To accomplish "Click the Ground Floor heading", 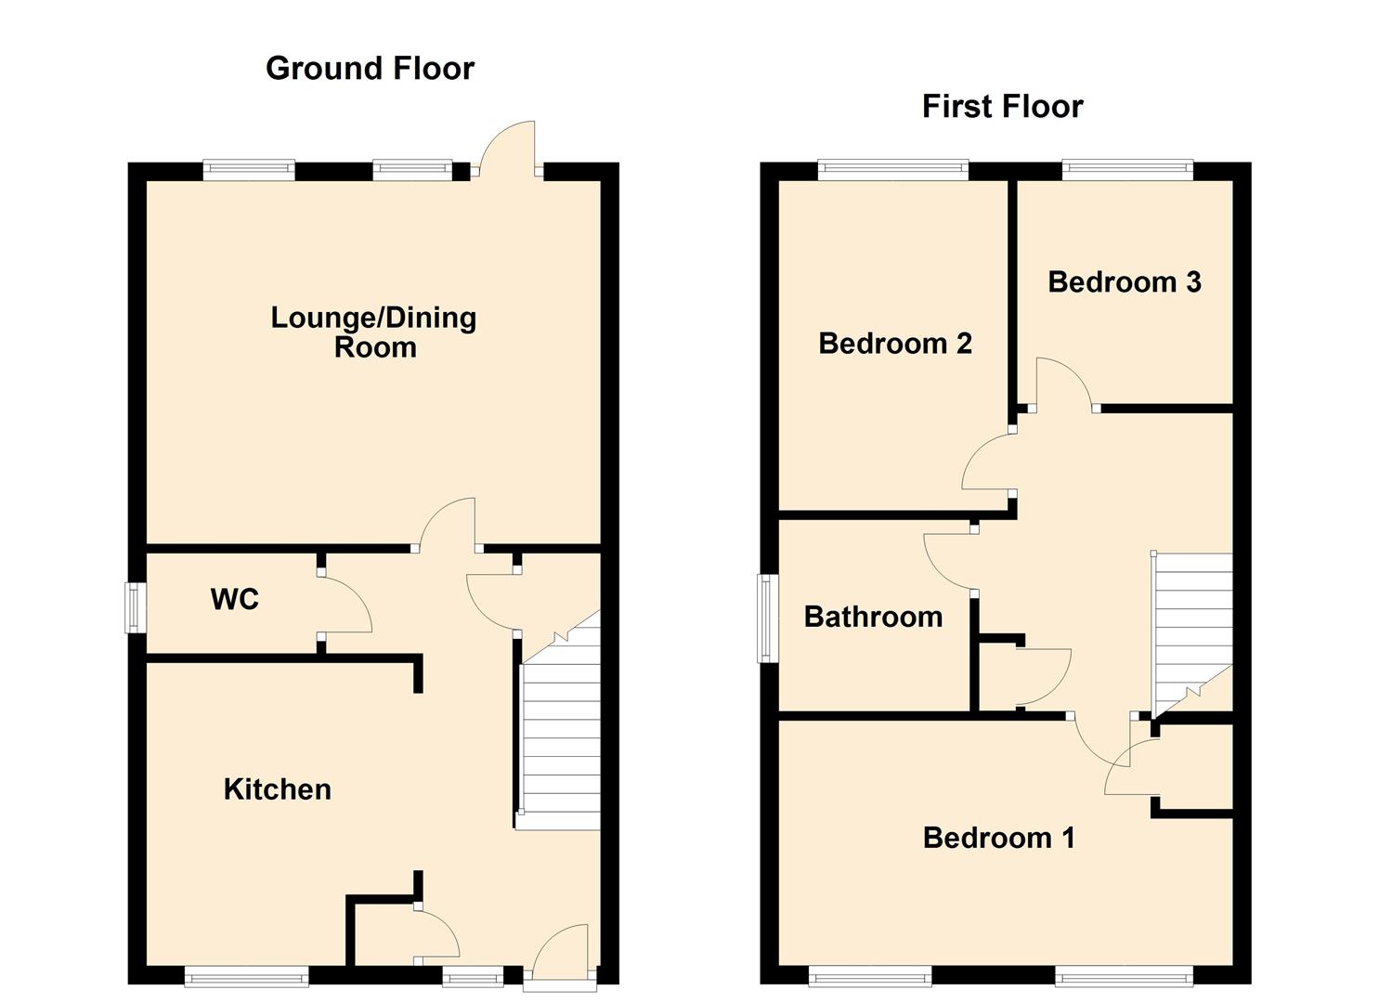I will pos(370,68).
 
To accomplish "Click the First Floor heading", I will pos(1002,107).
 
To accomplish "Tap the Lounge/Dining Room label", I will pos(373,332).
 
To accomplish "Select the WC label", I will pos(234,600).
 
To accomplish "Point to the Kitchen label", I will pos(277,789).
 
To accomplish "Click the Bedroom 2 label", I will pos(894,344).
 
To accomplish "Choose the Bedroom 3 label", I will pos(1124,282).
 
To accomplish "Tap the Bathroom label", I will pos(872,617).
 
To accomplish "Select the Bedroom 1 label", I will pos(998,838).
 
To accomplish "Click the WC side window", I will pos(136,607).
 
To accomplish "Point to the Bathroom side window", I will pos(767,618).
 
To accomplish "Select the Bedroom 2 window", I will pos(892,169).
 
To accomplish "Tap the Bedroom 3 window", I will pos(1126,169).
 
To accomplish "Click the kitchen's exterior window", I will pos(246,975).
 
